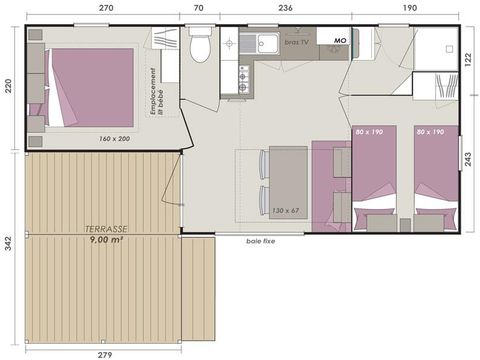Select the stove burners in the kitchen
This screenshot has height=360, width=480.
point(243,79)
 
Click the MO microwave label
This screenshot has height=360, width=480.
point(339,41)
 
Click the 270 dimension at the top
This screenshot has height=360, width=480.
point(105,7)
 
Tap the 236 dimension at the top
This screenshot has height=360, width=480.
point(285,7)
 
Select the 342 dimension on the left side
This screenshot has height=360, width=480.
point(8,245)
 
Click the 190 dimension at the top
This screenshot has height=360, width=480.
point(410,7)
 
